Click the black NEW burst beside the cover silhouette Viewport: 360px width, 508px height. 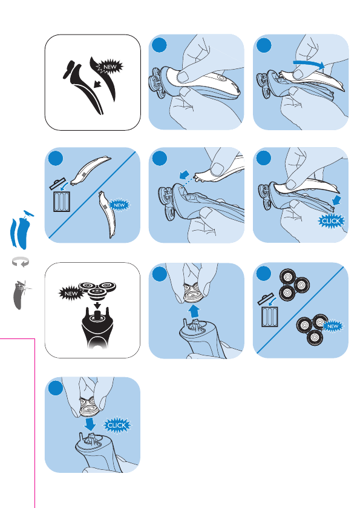[110, 67]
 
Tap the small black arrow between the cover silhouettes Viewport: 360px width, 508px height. [97, 85]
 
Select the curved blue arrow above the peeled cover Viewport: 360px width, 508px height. [308, 64]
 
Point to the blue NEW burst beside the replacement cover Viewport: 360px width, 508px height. [119, 205]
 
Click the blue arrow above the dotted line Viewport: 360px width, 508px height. [185, 175]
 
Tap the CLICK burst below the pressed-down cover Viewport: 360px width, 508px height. [331, 221]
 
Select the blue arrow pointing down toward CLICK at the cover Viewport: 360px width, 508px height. [336, 200]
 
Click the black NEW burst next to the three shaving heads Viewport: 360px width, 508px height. [71, 294]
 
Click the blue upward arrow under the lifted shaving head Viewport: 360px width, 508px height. [194, 311]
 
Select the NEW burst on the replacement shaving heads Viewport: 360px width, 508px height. [333, 326]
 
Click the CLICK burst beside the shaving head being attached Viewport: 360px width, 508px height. [117, 426]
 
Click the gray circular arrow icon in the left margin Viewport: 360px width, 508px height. [20, 262]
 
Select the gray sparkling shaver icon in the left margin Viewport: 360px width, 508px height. [21, 295]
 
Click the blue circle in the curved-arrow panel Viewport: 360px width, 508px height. [264, 45]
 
